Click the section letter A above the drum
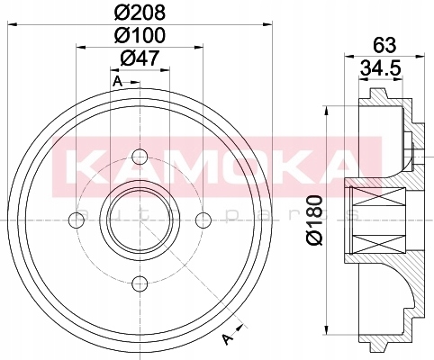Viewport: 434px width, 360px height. pos(117,82)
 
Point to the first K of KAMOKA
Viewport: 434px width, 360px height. pos(86,164)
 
